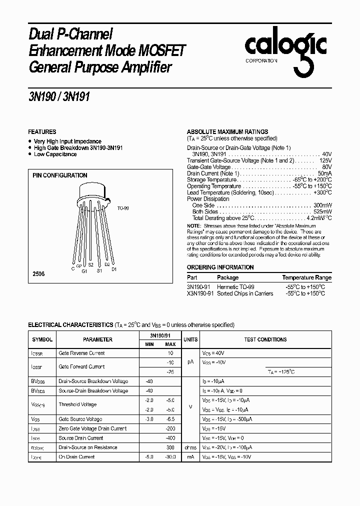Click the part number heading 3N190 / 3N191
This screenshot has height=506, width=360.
(59, 97)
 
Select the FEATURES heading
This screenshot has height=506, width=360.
(42, 131)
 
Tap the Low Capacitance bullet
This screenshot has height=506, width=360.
(55, 154)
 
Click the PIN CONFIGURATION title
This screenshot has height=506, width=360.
(59, 175)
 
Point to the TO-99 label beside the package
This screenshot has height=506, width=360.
(122, 208)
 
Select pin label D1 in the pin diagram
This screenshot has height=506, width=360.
(113, 269)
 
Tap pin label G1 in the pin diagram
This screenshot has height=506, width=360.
(84, 271)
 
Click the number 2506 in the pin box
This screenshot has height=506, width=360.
(38, 274)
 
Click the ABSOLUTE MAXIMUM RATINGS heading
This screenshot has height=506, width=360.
(227, 131)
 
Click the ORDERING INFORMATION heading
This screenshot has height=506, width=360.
(220, 267)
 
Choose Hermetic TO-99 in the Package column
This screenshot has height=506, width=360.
(235, 287)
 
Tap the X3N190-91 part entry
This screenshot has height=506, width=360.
(200, 293)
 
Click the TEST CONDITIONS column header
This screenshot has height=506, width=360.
(265, 339)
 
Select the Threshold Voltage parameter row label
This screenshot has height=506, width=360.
(77, 404)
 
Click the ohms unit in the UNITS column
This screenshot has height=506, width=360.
(190, 447)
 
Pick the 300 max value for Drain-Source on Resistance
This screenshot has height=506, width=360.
(170, 447)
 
